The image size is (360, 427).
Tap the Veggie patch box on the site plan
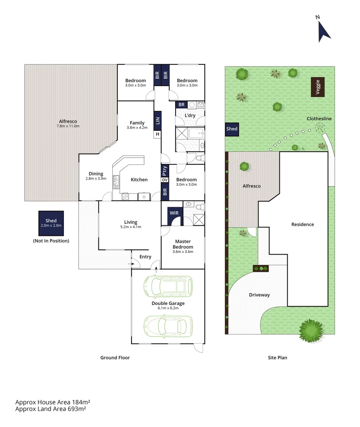click(x=318, y=87)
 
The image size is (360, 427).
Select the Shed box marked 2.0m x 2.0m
click(x=51, y=223)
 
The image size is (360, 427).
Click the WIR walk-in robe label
click(x=174, y=213)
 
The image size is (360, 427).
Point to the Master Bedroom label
click(x=183, y=244)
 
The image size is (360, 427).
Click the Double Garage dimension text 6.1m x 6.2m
click(x=168, y=308)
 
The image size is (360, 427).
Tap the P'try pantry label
click(x=165, y=171)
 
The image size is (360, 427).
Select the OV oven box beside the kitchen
click(x=165, y=180)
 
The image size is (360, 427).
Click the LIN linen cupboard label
click(x=158, y=121)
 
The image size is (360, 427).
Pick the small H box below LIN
click(x=158, y=134)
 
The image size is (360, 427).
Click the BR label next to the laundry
click(x=181, y=105)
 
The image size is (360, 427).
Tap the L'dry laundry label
click(x=190, y=115)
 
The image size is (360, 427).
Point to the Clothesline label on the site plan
click(x=319, y=119)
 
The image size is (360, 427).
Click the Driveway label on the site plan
click(x=259, y=295)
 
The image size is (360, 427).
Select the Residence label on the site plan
click(x=302, y=224)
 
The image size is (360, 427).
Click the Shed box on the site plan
click(x=232, y=129)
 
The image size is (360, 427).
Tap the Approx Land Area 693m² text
click(x=51, y=409)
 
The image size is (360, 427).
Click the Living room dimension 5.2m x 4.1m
click(x=131, y=227)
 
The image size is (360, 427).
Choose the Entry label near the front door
click(x=145, y=257)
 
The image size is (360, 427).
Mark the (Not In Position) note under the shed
click(x=51, y=240)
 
